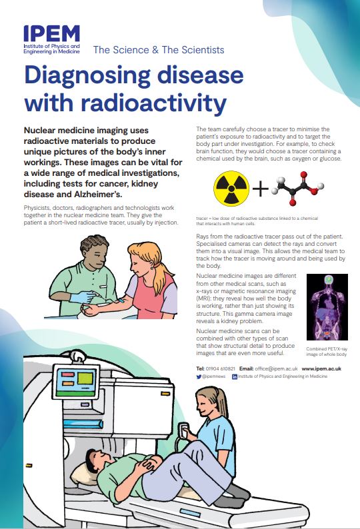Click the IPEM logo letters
pos(52,34)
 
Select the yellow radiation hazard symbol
pos(231,189)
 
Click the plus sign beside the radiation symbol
pos(260,190)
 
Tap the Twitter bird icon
pos(199,376)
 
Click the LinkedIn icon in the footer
pos(235,376)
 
